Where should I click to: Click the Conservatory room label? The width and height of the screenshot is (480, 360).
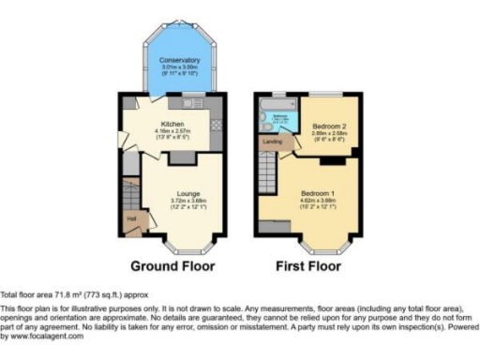click(x=172, y=60)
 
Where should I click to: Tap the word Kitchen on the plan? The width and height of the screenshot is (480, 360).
click(x=172, y=123)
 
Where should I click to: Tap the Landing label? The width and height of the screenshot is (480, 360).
click(x=273, y=142)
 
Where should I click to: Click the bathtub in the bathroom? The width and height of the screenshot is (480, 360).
click(x=278, y=120)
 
